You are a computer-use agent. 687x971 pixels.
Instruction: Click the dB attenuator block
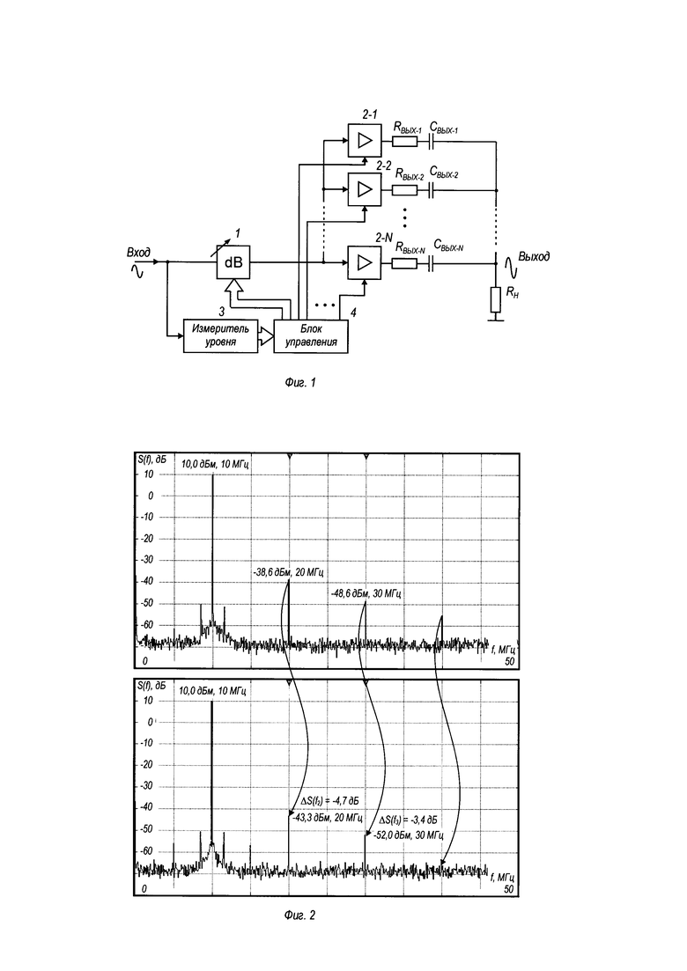coord(233,262)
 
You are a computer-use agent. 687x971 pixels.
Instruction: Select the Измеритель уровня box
coord(220,335)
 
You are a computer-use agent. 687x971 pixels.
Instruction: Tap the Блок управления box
coord(311,336)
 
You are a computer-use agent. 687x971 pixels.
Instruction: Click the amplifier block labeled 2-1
coord(365,141)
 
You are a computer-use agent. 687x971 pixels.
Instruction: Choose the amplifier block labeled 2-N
coord(365,262)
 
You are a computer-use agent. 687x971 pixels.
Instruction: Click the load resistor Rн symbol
coord(496,299)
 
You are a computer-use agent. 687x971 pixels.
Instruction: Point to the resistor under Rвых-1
coord(404,141)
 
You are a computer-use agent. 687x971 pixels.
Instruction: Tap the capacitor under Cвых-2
coord(432,189)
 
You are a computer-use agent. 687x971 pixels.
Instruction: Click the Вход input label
coord(138,253)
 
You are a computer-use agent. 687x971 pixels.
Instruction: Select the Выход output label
coord(534,256)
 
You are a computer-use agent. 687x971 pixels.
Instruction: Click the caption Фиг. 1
coord(299,383)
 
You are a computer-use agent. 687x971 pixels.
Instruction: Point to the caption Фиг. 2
coord(299,915)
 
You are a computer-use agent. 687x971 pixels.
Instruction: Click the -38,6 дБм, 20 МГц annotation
coord(288,572)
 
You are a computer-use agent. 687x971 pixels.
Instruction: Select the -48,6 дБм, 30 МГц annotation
coord(366,593)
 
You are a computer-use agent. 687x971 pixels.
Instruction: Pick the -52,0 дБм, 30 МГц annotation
coord(408,835)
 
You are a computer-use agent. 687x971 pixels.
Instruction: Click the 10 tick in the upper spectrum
coord(148,474)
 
